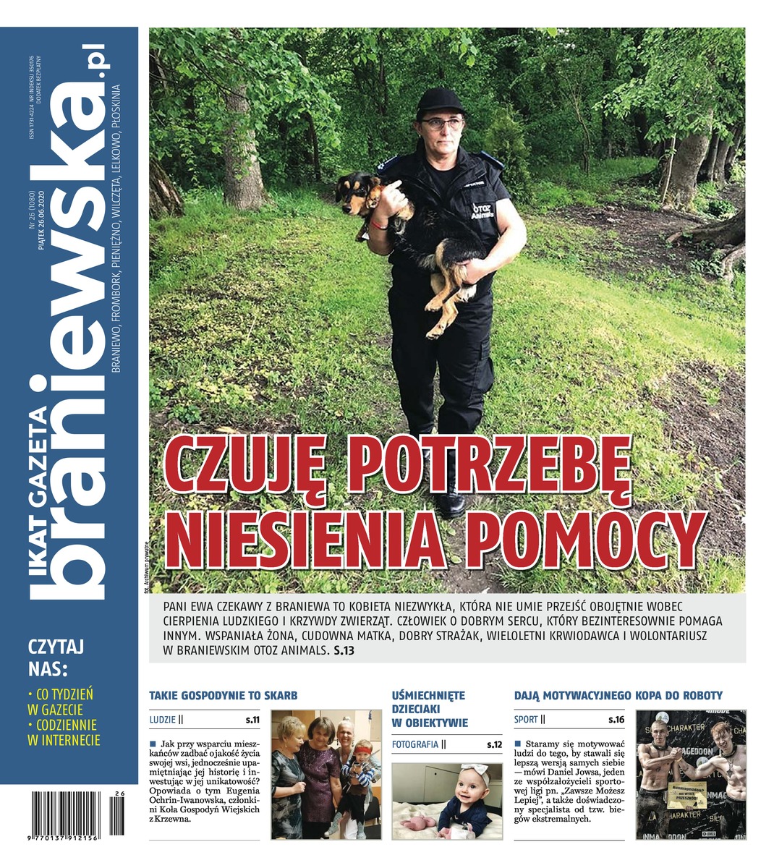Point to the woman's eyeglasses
click(441, 123)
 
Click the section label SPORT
click(526, 720)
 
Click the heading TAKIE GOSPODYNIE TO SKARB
click(223, 696)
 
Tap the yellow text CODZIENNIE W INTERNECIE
click(62, 732)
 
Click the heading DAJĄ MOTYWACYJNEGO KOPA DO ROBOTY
click(618, 696)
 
